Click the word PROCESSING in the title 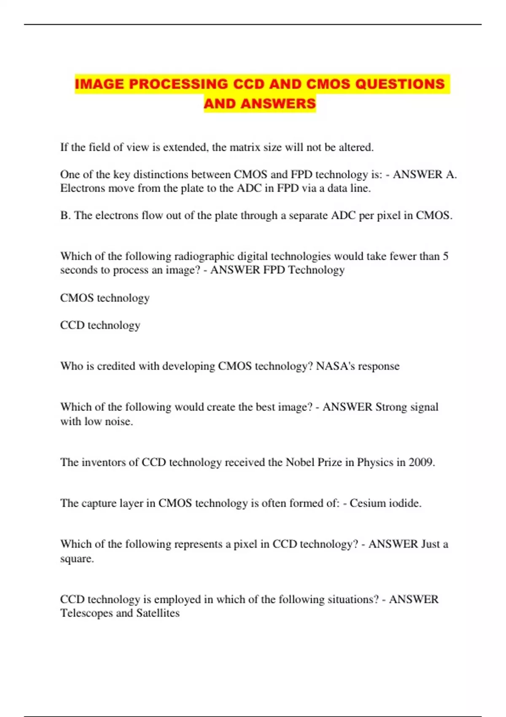click(179, 84)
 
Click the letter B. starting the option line click(65, 216)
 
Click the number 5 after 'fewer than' click(446, 256)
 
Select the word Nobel click(300, 462)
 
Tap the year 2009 click(422, 462)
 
